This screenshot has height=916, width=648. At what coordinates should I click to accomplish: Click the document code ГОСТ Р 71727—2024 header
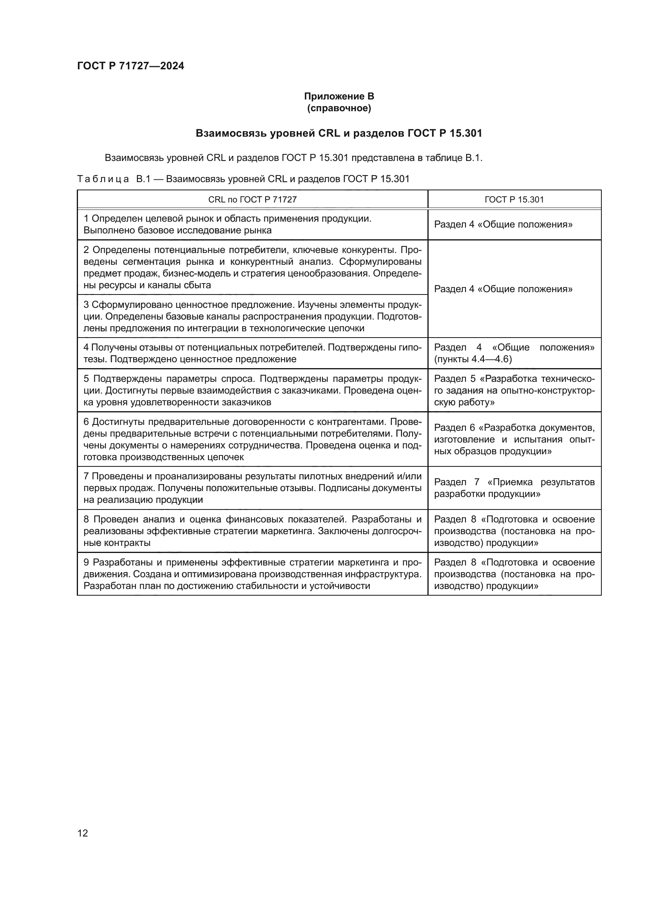[x=130, y=66]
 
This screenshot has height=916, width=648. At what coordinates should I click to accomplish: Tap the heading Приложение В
[x=339, y=96]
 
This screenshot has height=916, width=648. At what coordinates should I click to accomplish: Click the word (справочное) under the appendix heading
[x=339, y=108]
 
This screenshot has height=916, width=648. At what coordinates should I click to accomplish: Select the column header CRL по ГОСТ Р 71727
[x=252, y=199]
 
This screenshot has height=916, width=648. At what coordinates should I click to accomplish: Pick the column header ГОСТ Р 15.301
[x=514, y=199]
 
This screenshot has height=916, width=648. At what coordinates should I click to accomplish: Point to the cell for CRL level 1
[x=252, y=224]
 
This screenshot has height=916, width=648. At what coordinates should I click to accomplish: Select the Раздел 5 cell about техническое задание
[x=514, y=390]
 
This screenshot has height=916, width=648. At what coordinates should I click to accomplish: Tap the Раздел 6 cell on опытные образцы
[x=514, y=439]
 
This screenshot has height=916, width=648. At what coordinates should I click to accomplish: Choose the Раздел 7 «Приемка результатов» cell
[x=514, y=488]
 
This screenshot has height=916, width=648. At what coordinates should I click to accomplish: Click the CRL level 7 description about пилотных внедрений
[x=252, y=488]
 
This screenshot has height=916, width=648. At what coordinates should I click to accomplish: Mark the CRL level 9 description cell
[x=252, y=574]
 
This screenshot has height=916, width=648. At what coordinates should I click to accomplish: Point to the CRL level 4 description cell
[x=252, y=353]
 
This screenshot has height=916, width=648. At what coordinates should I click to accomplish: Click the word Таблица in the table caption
[x=103, y=179]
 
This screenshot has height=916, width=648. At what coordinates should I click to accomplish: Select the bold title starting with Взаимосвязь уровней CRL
[x=339, y=133]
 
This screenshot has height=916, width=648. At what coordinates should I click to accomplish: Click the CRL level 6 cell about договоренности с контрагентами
[x=252, y=439]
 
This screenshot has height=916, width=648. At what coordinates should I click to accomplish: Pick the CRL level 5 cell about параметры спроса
[x=252, y=390]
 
